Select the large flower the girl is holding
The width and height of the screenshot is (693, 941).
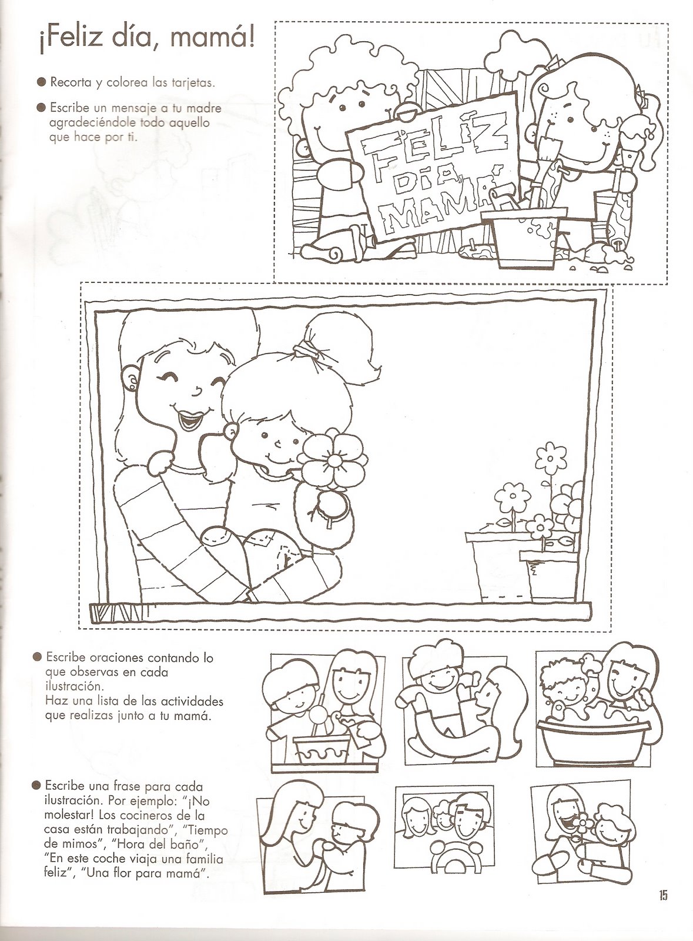[x=334, y=461]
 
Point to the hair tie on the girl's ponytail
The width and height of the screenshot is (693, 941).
[x=304, y=348]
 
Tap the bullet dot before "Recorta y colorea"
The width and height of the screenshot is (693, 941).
[x=41, y=82]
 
